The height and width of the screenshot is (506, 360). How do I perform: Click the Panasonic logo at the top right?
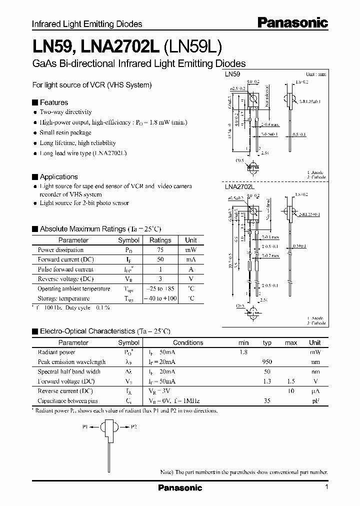(292, 23)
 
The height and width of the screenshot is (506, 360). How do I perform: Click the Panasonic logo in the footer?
(180, 487)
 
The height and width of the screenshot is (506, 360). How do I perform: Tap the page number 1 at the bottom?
(326, 487)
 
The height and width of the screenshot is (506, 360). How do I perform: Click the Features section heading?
(54, 102)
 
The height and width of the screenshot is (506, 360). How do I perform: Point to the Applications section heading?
(58, 176)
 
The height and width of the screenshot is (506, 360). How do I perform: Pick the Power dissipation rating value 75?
(160, 250)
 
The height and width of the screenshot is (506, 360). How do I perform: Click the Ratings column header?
(160, 240)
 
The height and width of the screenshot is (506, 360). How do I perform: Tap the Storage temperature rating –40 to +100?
(160, 298)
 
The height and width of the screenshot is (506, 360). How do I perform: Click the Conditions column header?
(188, 342)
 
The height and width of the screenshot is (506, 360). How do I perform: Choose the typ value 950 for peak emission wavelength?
(267, 362)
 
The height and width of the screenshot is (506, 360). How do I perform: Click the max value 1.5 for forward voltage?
(291, 381)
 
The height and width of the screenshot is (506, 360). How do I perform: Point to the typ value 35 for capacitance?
(267, 401)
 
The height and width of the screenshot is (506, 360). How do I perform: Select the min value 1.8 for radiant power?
(243, 352)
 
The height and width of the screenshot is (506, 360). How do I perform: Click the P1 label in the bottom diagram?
(85, 427)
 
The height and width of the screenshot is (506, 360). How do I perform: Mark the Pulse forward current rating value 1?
(160, 269)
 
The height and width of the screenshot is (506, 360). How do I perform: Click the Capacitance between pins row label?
(67, 401)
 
